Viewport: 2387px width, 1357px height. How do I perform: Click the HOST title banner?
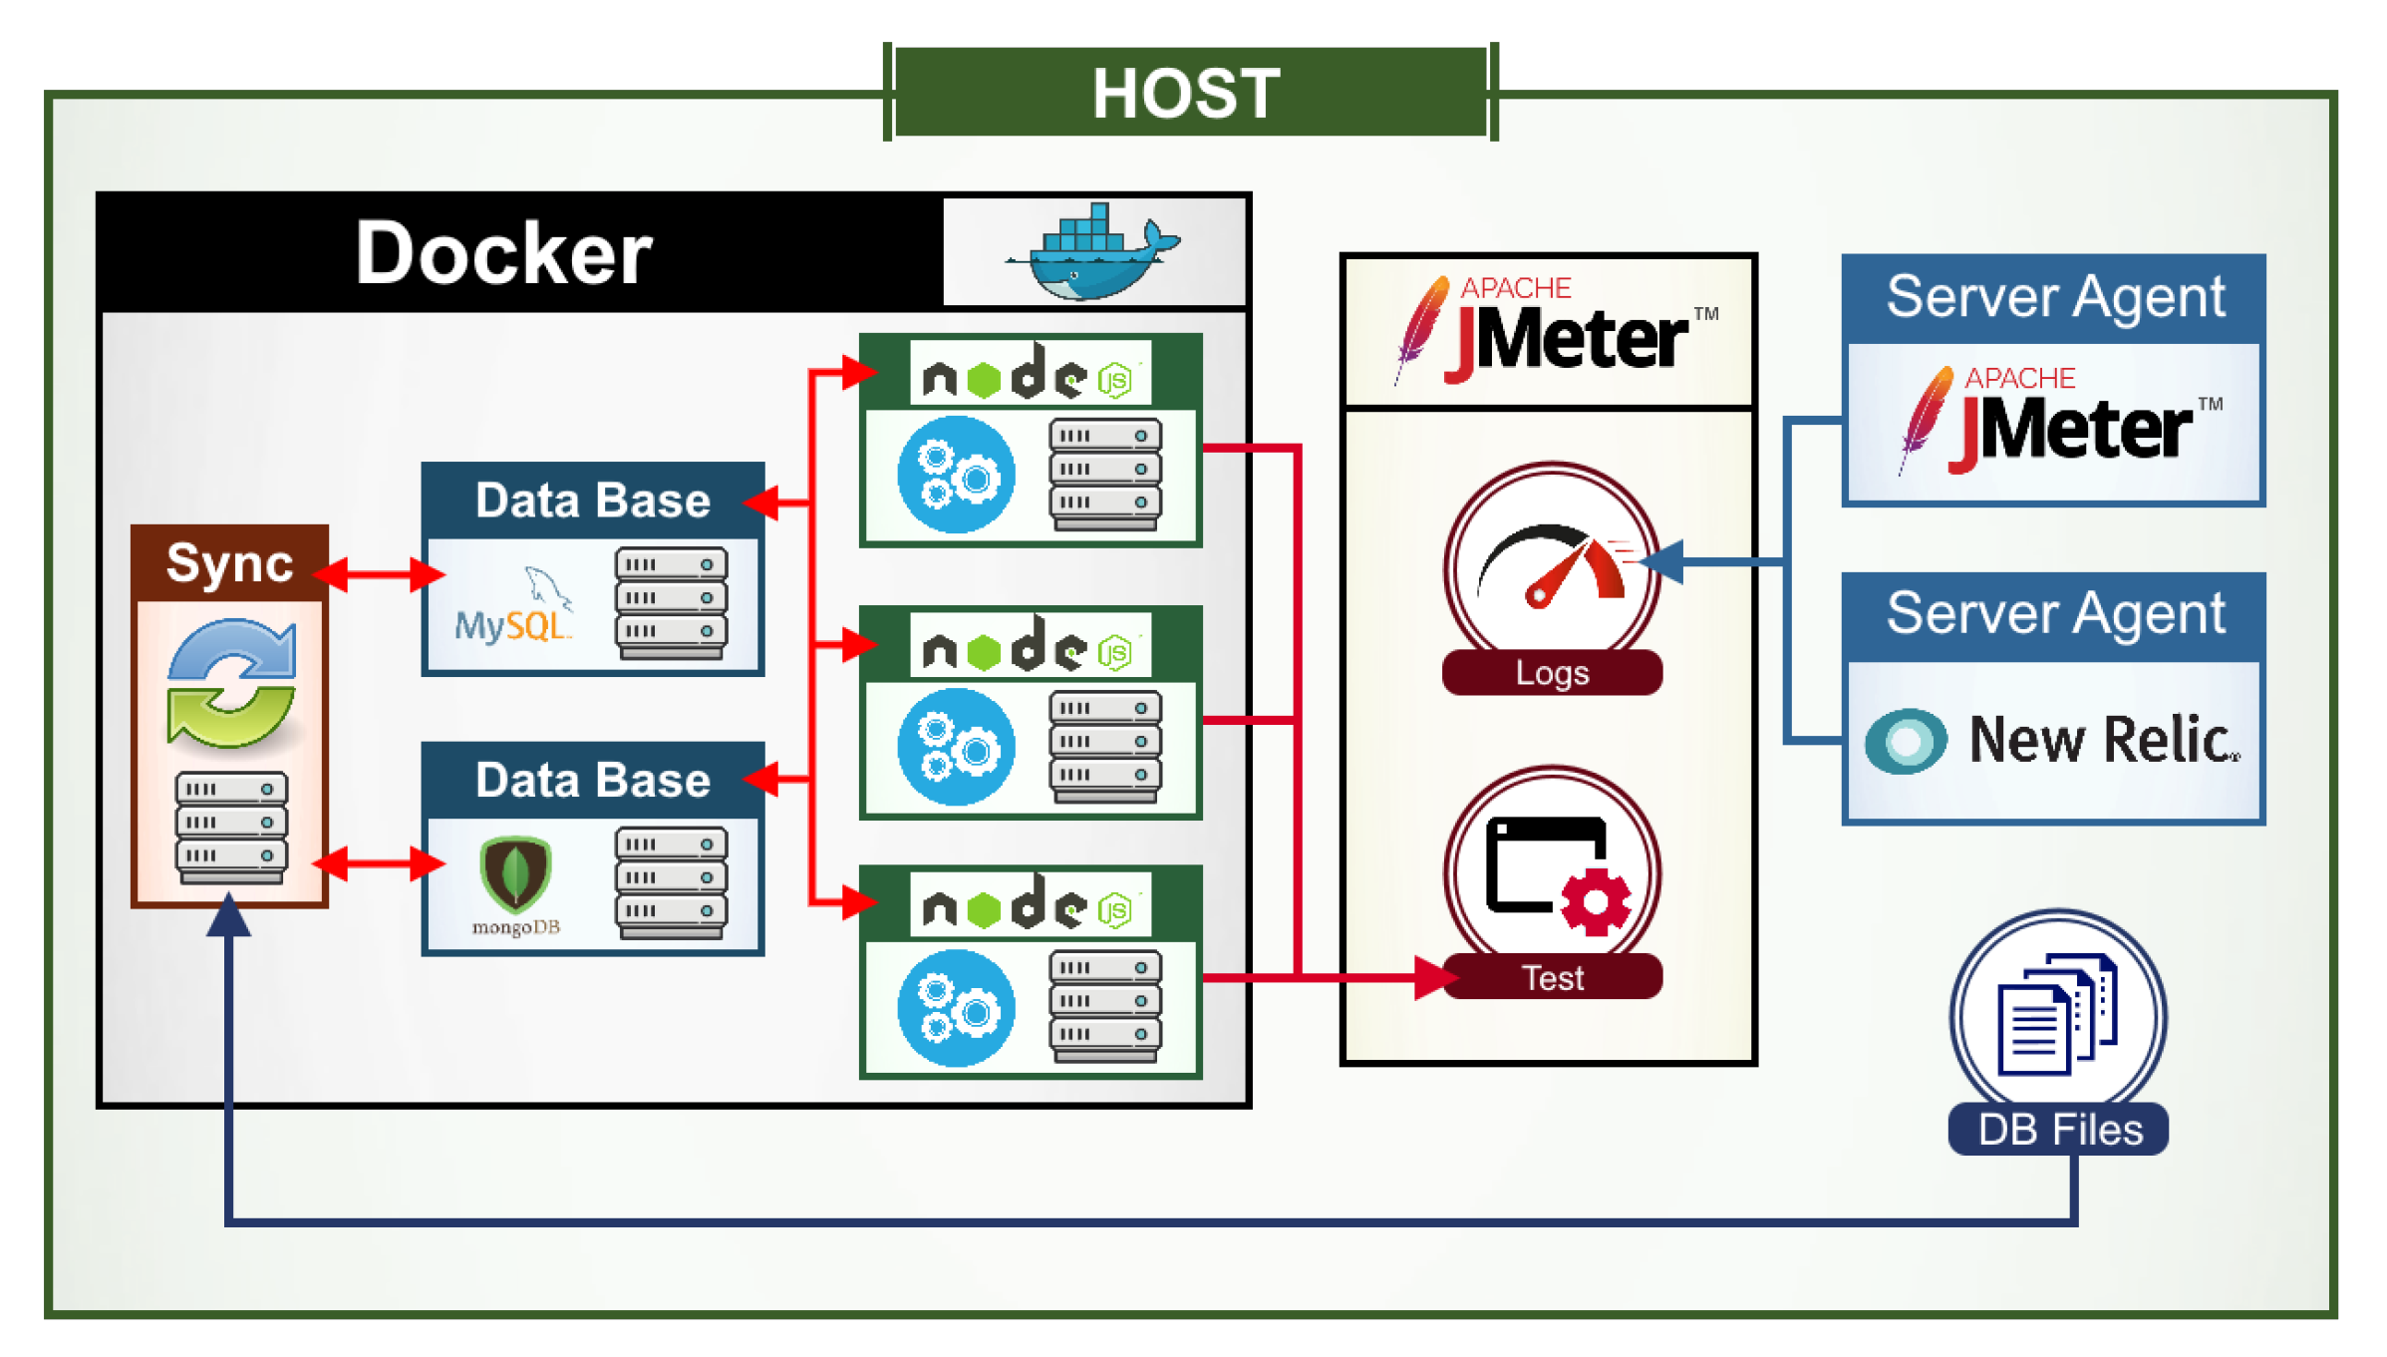1188,93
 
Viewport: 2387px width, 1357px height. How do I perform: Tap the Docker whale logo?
1093,251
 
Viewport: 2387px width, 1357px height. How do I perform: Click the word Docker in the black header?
503,253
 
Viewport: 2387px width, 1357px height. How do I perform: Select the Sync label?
229,563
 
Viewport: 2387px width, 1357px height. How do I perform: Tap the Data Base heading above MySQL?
593,501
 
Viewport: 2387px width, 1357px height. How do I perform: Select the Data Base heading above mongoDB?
593,780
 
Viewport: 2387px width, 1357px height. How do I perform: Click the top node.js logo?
1030,375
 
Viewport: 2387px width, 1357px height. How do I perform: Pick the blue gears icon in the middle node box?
956,747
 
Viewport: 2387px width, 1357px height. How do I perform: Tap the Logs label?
1552,673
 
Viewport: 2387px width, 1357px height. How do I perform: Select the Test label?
1552,977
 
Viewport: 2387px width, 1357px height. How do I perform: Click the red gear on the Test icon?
1596,901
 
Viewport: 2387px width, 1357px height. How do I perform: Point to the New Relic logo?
2053,741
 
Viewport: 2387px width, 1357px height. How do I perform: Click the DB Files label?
2059,1130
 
